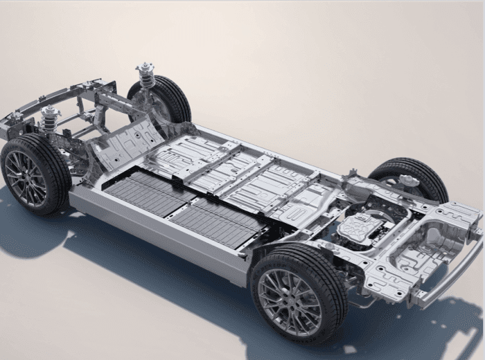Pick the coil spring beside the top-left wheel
(x=147, y=78)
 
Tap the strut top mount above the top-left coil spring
(x=145, y=66)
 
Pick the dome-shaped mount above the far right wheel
(x=409, y=181)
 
